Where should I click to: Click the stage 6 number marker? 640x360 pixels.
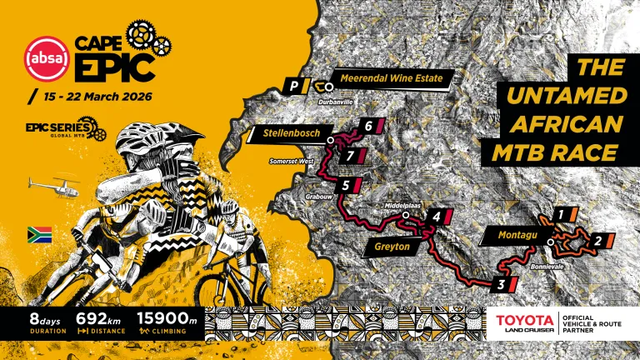(367, 127)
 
